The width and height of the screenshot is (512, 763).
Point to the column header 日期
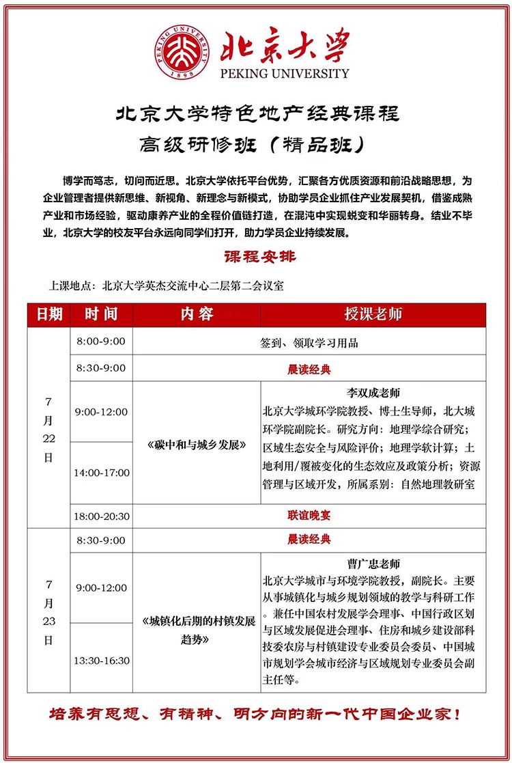coord(49,314)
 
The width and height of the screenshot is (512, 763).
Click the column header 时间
coord(101,314)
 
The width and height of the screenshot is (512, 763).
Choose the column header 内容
coord(197,314)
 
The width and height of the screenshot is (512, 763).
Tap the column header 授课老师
coord(373,314)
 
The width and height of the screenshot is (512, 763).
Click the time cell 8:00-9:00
coord(101,341)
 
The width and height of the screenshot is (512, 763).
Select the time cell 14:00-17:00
coord(103,473)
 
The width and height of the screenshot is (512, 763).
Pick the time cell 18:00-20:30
coord(103,516)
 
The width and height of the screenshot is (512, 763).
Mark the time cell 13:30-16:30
coord(103,661)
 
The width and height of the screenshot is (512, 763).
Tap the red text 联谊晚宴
coord(309,516)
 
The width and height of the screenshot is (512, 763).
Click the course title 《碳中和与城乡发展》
coord(197,445)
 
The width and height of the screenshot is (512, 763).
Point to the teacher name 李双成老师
coord(373,393)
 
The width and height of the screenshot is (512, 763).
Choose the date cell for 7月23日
coord(48,612)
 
